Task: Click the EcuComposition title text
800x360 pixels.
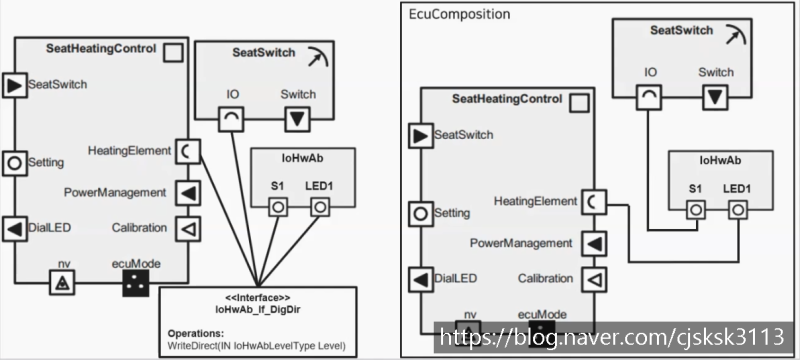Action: point(460,15)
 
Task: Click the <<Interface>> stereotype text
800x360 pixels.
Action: point(257,298)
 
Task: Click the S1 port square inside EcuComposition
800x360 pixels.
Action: point(694,209)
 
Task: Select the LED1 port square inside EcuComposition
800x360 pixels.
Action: point(738,209)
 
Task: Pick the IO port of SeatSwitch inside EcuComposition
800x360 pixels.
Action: point(649,97)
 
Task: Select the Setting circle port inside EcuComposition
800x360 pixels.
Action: point(419,213)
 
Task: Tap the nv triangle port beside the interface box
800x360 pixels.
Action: point(63,285)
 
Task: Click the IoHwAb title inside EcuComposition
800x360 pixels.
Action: point(718,160)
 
